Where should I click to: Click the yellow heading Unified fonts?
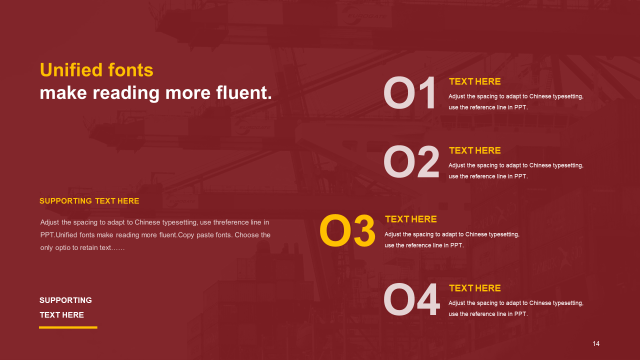click(x=96, y=70)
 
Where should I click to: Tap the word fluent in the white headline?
click(x=243, y=92)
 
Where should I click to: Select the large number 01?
click(x=409, y=93)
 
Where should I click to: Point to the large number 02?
click(x=411, y=161)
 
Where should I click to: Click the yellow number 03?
click(x=347, y=230)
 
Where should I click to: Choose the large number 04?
click(x=411, y=299)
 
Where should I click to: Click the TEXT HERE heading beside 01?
click(x=475, y=81)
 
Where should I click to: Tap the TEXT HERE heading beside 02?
click(x=475, y=150)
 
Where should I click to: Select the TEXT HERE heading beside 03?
click(x=411, y=219)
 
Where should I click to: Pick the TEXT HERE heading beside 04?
click(x=475, y=288)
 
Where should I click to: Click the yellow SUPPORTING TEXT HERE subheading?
click(x=89, y=201)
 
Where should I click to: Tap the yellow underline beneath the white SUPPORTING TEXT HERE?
click(x=68, y=327)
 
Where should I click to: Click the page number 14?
click(x=596, y=343)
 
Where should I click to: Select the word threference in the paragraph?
click(x=231, y=222)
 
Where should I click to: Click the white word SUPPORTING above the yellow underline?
click(x=65, y=300)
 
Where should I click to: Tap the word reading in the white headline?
click(x=126, y=93)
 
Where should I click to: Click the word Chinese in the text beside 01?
click(x=540, y=96)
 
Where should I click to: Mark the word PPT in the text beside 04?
click(x=520, y=314)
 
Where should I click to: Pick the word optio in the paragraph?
click(x=63, y=247)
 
